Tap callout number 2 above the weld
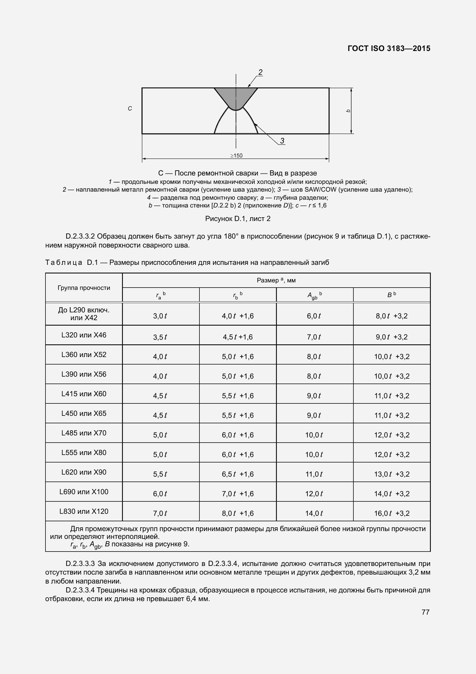pyautogui.click(x=260, y=72)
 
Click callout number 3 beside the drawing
pyautogui.click(x=282, y=141)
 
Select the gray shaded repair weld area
pyautogui.click(x=236, y=97)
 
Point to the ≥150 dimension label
pyautogui.click(x=236, y=156)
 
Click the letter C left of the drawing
pyautogui.click(x=130, y=109)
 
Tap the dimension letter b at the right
pyautogui.click(x=349, y=111)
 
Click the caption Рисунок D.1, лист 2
pyautogui.click(x=238, y=219)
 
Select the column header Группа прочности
pyautogui.click(x=84, y=288)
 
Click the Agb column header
pyautogui.click(x=314, y=295)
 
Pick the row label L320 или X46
pyautogui.click(x=84, y=335)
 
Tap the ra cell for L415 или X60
pyautogui.click(x=160, y=396)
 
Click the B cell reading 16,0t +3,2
pyautogui.click(x=392, y=513)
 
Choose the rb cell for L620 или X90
pyautogui.click(x=237, y=474)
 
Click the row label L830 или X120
pyautogui.click(x=84, y=511)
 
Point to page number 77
pyautogui.click(x=425, y=612)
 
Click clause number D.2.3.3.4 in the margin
pyautogui.click(x=80, y=590)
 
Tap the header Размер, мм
pyautogui.click(x=276, y=280)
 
